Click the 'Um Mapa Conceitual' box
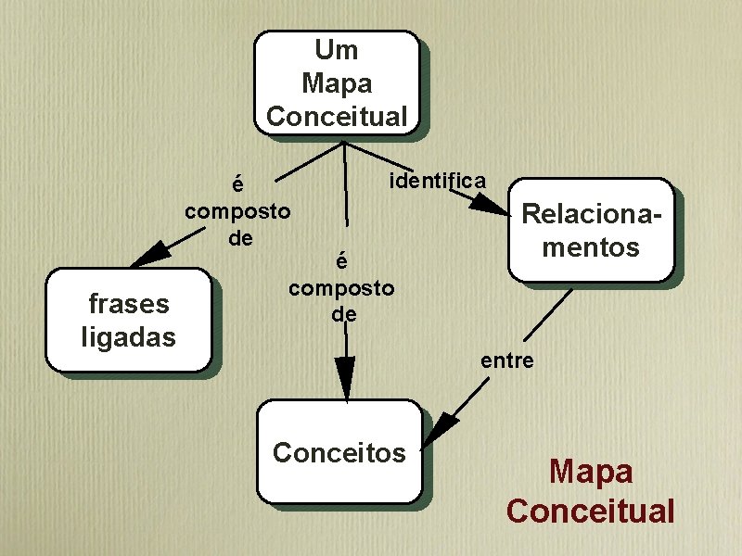pos(337,82)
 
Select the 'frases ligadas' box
pos(129,320)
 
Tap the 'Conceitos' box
pos(339,451)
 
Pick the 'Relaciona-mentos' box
pos(590,230)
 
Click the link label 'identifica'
pos(437,179)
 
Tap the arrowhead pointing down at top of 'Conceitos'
pos(346,378)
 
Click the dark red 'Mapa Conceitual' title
pos(591,490)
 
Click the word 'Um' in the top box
pos(336,49)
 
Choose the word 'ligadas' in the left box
pos(129,337)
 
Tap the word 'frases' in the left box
pos(129,303)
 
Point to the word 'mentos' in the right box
pos(591,247)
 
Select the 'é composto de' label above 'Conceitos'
pos(341,287)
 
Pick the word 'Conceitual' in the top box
pos(337,117)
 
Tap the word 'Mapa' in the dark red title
pos(591,471)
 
